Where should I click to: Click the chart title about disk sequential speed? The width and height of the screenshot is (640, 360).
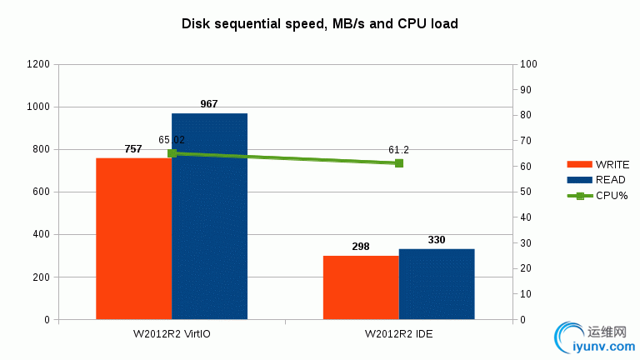point(320,23)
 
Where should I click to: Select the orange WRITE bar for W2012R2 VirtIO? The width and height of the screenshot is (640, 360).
point(134,238)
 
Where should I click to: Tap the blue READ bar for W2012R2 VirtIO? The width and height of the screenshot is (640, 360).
point(210,216)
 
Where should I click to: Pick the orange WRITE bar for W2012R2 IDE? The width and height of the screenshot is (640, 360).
point(361,287)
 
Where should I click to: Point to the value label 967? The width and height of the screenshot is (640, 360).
point(209,104)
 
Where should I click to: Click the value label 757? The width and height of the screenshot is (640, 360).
point(134,148)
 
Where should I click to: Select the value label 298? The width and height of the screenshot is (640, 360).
point(361,247)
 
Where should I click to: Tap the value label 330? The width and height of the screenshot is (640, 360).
point(437,240)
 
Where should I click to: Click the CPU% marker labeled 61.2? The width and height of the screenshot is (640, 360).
point(399,163)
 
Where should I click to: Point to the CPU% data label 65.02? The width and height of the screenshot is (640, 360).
point(172,140)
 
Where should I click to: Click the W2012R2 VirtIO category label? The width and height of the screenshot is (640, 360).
point(172,334)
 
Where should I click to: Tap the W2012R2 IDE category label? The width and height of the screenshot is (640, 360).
point(398,334)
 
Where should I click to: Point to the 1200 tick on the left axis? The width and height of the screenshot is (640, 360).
point(38,64)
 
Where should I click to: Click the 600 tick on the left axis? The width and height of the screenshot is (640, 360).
point(41,192)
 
